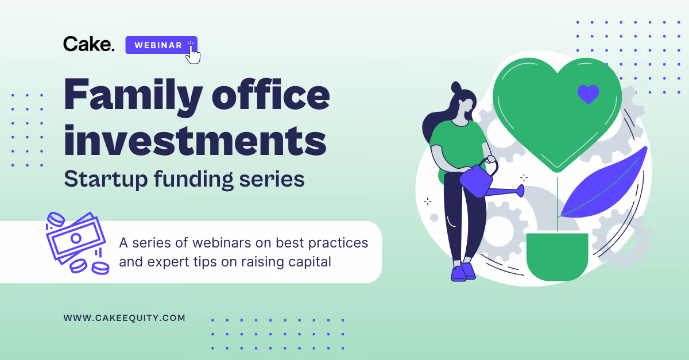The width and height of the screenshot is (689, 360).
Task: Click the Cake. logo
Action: pyautogui.click(x=89, y=44)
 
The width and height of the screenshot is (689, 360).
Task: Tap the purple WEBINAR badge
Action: pyautogui.click(x=161, y=45)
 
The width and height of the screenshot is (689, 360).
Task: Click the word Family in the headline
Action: pyautogui.click(x=133, y=95)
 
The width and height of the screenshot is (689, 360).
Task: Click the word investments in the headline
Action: pyautogui.click(x=195, y=140)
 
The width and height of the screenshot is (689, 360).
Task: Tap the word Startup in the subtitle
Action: pyautogui.click(x=106, y=179)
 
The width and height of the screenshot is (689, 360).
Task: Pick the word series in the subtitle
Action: pyautogui.click(x=272, y=180)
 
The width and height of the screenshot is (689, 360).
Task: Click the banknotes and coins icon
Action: pyautogui.click(x=78, y=243)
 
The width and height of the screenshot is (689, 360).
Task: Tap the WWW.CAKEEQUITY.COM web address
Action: pyautogui.click(x=124, y=318)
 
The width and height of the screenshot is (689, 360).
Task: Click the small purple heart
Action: pyautogui.click(x=588, y=94)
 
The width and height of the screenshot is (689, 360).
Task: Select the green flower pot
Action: pyautogui.click(x=557, y=256)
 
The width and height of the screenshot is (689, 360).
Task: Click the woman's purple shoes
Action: pyautogui.click(x=463, y=272)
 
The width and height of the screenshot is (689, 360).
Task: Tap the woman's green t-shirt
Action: pyautogui.click(x=458, y=145)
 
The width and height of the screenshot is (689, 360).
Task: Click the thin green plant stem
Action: pyautogui.click(x=557, y=204)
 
